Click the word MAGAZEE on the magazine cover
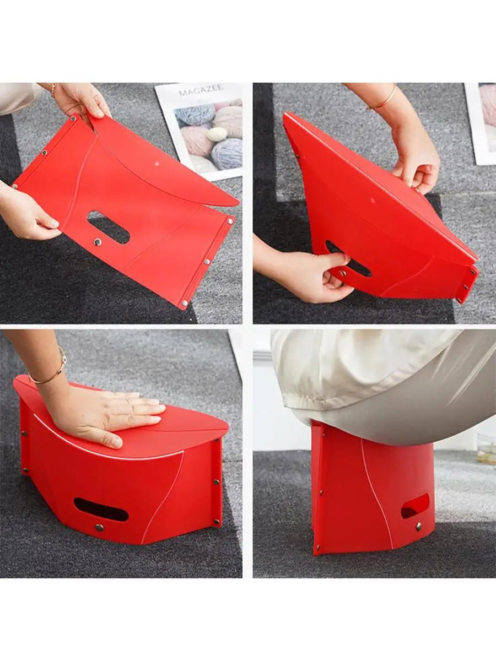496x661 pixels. coord(201,90)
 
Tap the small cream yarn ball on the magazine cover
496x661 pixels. coord(217,134)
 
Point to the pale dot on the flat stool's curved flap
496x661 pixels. coord(157,164)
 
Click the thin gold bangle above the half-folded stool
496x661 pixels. coord(385,99)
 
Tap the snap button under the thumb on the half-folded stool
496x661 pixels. coord(342,273)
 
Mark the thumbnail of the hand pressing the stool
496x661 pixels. coord(116,442)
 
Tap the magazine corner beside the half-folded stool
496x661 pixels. coord(481,123)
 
